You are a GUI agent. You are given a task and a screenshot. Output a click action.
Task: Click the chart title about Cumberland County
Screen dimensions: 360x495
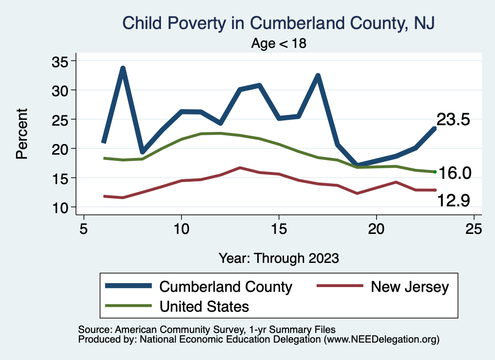[x=279, y=23]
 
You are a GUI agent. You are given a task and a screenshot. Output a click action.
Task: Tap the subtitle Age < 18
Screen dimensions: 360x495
[x=279, y=43]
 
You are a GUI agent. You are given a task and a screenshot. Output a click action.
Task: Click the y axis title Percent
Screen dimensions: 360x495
[x=21, y=134]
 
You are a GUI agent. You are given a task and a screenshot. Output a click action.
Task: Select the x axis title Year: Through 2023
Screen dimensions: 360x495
[x=279, y=258]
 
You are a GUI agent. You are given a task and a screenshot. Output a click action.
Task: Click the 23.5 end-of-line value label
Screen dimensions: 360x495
[x=453, y=120]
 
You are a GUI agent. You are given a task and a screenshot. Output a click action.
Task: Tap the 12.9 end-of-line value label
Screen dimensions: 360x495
[x=453, y=200]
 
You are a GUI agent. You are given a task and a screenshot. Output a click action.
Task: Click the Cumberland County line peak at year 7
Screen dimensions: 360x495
[x=123, y=69]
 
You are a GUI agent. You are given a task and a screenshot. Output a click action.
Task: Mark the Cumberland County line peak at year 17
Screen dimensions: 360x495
[x=318, y=76]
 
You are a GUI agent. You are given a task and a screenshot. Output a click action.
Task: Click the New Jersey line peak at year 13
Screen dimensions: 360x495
[x=240, y=168]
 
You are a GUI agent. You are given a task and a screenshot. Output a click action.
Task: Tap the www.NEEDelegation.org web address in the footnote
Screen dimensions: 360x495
[x=382, y=340]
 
